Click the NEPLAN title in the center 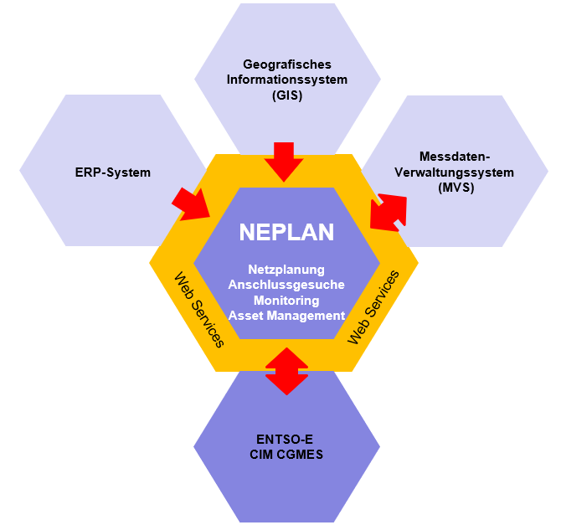tap(286, 232)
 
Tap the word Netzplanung tap(286, 270)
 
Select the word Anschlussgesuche tap(286, 285)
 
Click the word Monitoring tap(286, 301)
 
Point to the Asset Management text tap(286, 316)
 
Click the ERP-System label tap(113, 172)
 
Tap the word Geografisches tap(287, 64)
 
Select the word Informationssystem tap(287, 80)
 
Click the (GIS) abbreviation tap(287, 95)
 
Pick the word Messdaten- tap(455, 157)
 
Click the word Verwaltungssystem tap(455, 172)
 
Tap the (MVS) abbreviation tap(455, 188)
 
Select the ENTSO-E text tap(285, 439)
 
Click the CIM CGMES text tap(286, 455)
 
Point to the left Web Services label tap(199, 310)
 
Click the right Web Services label tap(373, 307)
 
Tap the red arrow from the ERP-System tap(192, 204)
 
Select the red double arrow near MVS tap(389, 213)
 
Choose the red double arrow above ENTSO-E tap(286, 371)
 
